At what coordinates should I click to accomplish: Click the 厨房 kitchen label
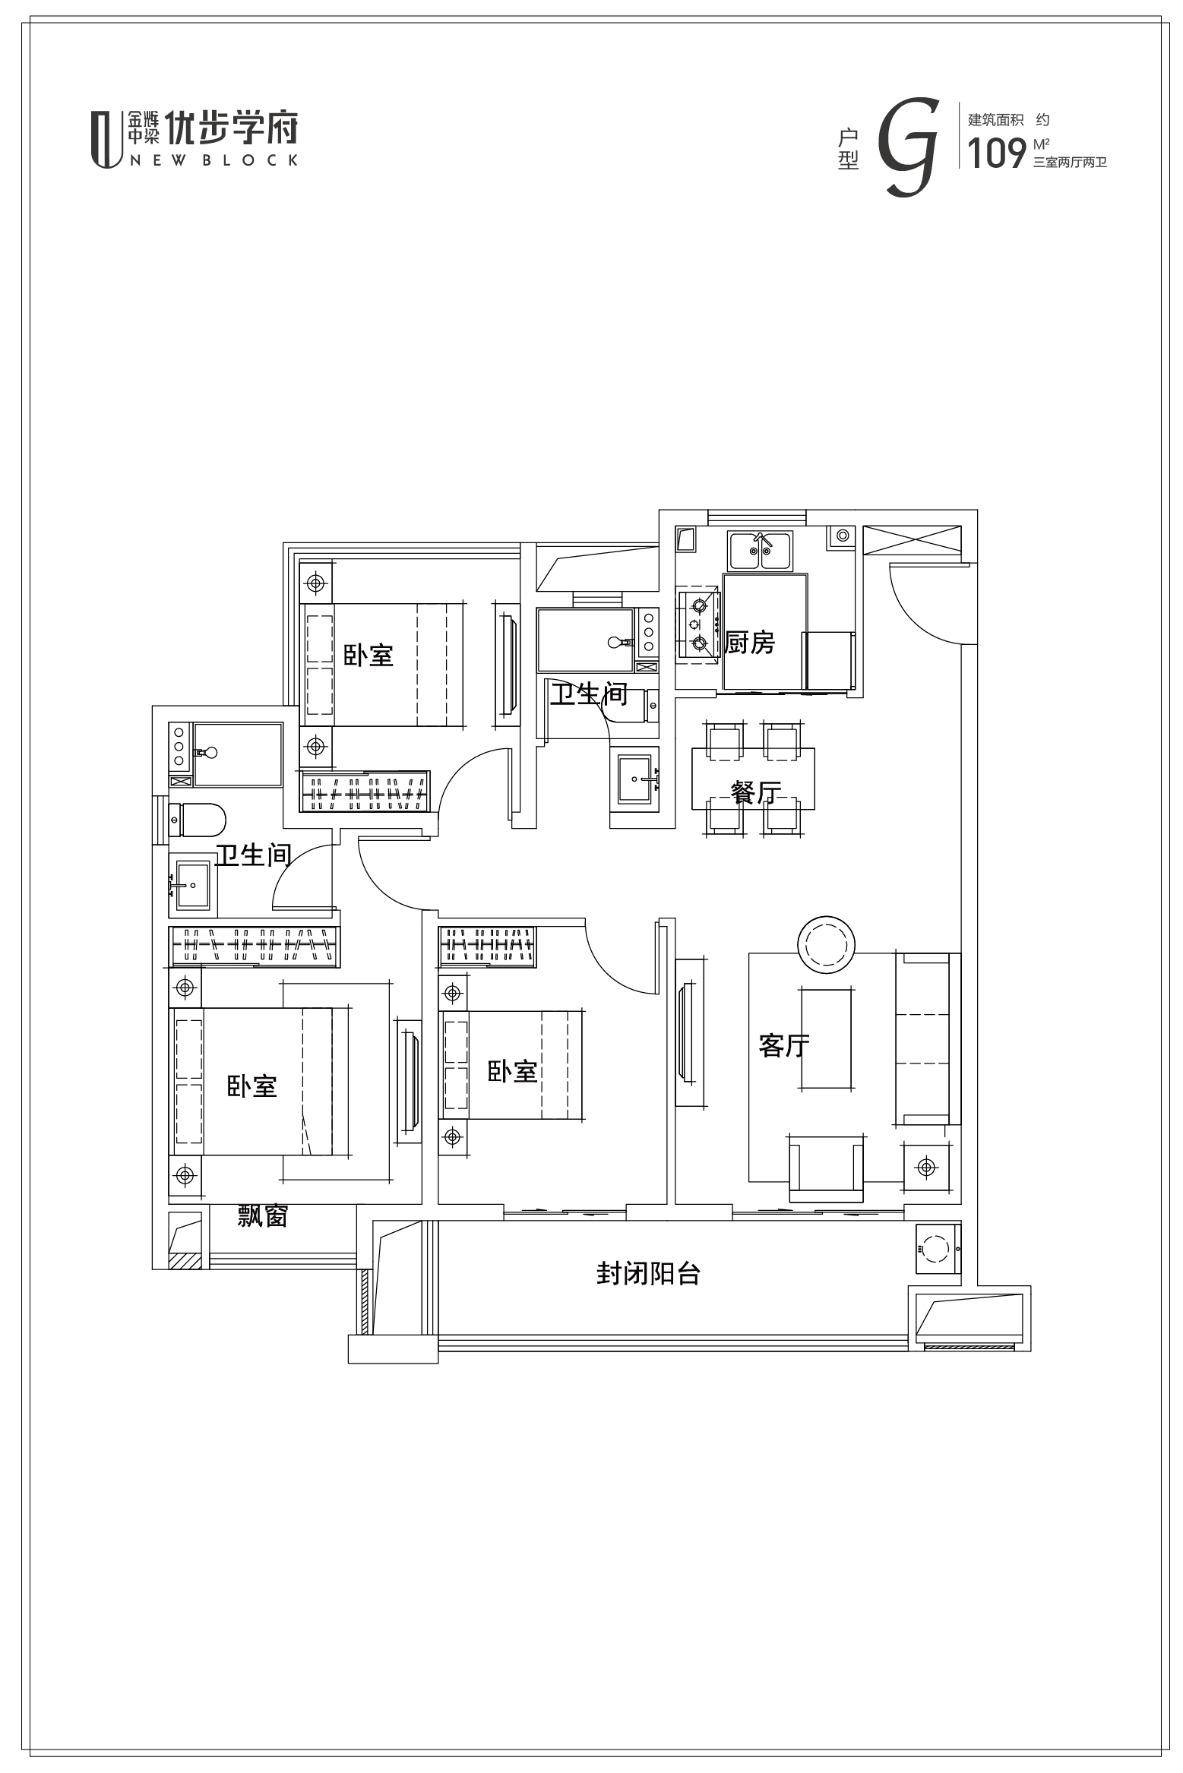point(750,643)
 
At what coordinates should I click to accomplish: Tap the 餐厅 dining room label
point(756,793)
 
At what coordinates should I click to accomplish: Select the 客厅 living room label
point(784,1046)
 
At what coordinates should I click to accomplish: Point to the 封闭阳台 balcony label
point(648,1273)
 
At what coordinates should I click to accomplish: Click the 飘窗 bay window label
point(262,1216)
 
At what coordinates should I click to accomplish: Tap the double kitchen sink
point(761,551)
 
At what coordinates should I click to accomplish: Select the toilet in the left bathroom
point(198,820)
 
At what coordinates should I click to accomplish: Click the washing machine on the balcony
point(938,1249)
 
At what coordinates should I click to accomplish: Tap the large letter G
point(906,147)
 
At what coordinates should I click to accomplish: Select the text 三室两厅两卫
point(1070,163)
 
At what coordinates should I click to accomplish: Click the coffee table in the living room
point(825,1038)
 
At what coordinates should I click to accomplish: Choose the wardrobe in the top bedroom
point(365,792)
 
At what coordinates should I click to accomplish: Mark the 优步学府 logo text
point(232,128)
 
